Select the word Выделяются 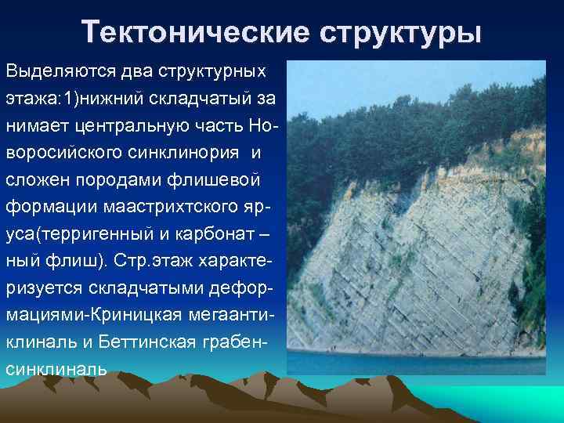click(61, 71)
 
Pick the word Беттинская click(153, 342)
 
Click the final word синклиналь click(56, 368)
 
